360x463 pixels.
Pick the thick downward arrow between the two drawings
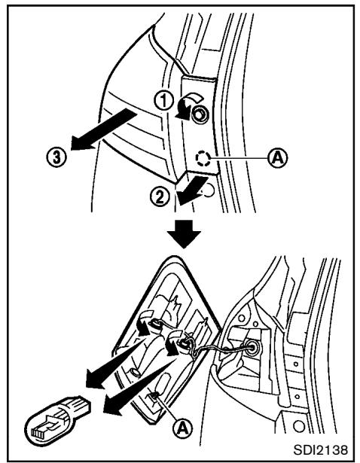[180, 233]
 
